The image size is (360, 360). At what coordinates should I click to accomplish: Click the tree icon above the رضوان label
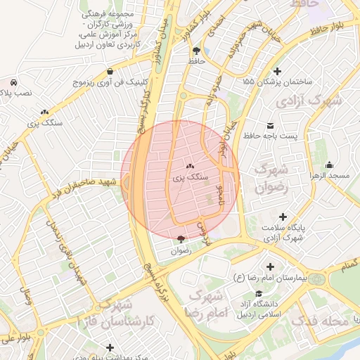click(x=181, y=240)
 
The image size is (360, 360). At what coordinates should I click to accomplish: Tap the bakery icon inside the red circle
click(x=191, y=166)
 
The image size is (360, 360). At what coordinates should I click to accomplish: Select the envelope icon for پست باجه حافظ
click(x=271, y=125)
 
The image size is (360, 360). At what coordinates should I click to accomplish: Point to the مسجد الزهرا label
click(x=333, y=174)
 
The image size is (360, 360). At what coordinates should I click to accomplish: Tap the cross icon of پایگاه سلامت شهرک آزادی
click(x=283, y=217)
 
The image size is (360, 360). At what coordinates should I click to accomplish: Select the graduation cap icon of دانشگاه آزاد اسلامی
click(x=259, y=293)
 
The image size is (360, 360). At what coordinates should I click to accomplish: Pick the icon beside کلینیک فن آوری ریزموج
click(x=111, y=71)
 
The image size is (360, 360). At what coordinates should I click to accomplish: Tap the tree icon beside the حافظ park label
click(x=195, y=51)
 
